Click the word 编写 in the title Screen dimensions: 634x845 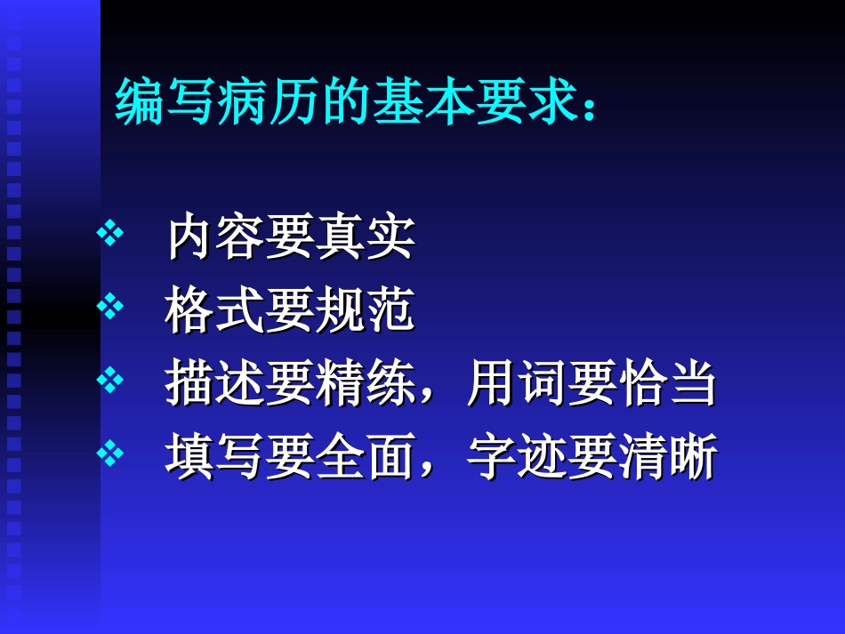(x=165, y=102)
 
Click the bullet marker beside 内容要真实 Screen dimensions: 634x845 (x=110, y=235)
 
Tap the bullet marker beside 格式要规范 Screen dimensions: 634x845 (x=110, y=309)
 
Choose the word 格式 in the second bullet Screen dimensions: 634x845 (x=215, y=310)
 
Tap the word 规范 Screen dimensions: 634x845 (x=366, y=310)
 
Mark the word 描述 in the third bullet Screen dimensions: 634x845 (x=215, y=384)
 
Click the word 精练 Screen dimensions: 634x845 (x=366, y=384)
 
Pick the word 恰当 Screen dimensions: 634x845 (x=667, y=384)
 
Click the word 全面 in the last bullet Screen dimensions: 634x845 (x=366, y=458)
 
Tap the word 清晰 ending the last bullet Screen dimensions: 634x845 (x=667, y=458)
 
